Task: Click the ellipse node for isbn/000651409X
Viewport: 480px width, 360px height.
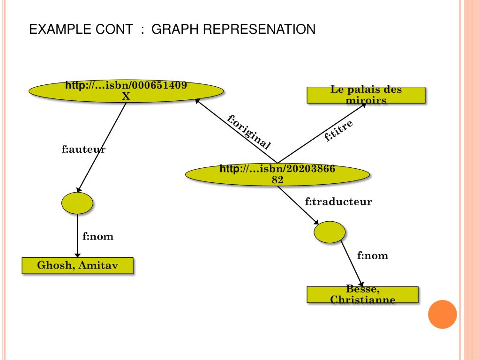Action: click(126, 90)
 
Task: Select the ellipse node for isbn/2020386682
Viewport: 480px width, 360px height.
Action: click(277, 174)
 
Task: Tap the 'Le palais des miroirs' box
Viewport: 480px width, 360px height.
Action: click(366, 95)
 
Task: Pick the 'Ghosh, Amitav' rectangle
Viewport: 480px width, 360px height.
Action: click(77, 265)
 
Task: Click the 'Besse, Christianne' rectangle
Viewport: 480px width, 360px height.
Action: click(362, 294)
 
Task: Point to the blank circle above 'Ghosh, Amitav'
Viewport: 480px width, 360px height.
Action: click(77, 202)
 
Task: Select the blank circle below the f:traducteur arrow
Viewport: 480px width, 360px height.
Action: click(330, 231)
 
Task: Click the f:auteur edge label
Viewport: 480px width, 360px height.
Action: click(83, 150)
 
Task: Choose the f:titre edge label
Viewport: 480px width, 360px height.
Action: click(338, 131)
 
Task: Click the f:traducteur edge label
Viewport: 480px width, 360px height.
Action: click(338, 202)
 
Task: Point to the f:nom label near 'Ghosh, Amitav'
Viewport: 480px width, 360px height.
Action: click(98, 236)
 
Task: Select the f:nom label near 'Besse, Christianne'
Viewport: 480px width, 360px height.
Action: click(373, 256)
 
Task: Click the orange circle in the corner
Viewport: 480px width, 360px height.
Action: click(442, 315)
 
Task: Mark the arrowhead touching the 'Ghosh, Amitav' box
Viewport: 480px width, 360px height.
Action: click(77, 255)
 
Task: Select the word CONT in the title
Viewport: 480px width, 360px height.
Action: click(114, 30)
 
